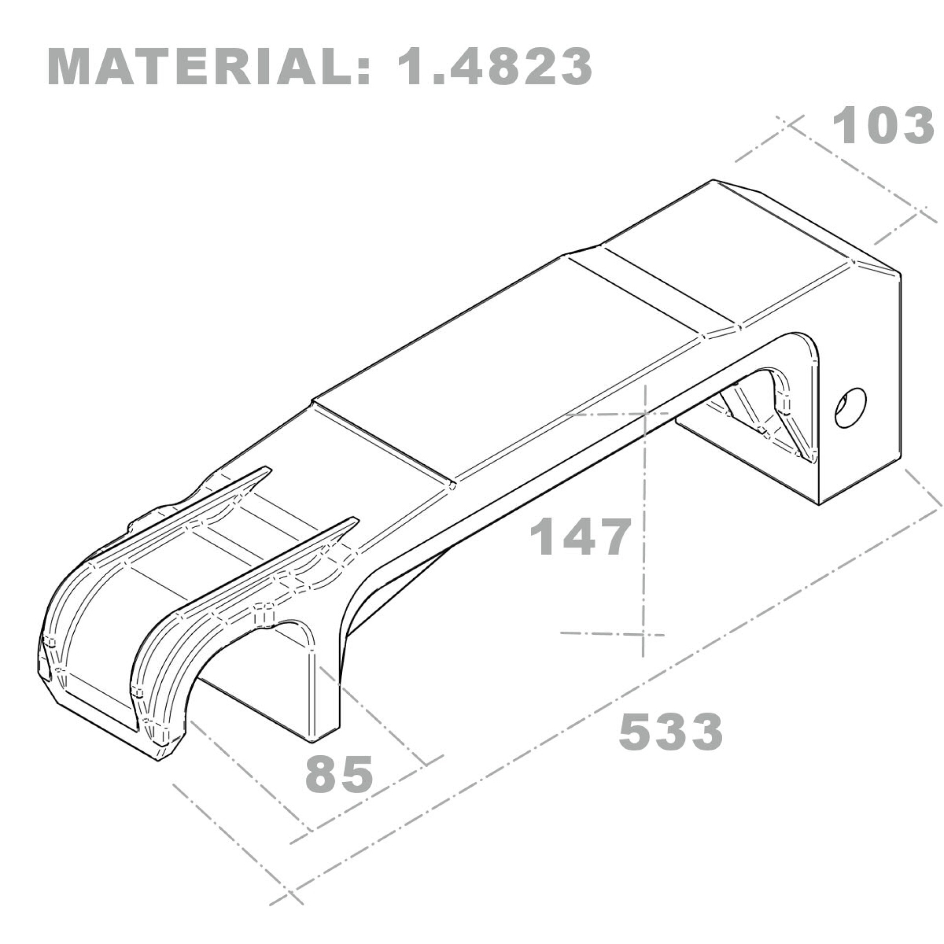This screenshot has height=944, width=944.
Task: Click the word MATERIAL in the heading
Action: (x=201, y=67)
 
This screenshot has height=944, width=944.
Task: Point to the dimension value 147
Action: (x=579, y=537)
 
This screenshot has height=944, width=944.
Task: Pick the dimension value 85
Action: (x=339, y=774)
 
